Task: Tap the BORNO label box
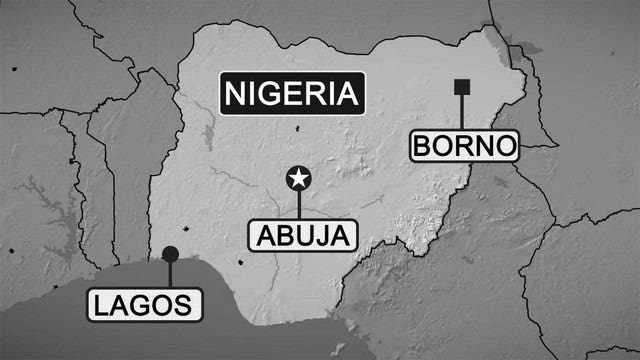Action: pyautogui.click(x=465, y=146)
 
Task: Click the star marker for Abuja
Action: pyautogui.click(x=298, y=178)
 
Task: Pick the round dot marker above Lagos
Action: pyautogui.click(x=170, y=254)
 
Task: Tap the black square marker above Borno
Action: pyautogui.click(x=462, y=87)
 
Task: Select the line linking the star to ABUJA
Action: pyautogui.click(x=298, y=205)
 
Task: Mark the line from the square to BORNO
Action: pyautogui.click(x=462, y=112)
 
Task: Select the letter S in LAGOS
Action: pyautogui.click(x=184, y=304)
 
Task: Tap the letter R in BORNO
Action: pyautogui.click(x=464, y=147)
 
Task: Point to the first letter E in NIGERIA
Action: pyautogui.click(x=292, y=95)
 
